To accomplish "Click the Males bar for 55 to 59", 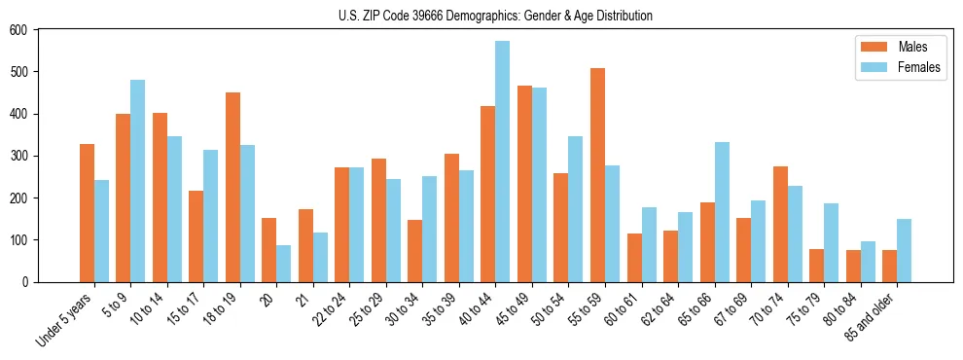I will (x=597, y=175).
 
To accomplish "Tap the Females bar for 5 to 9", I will (x=137, y=181).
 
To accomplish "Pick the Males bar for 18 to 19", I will (x=232, y=187).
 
